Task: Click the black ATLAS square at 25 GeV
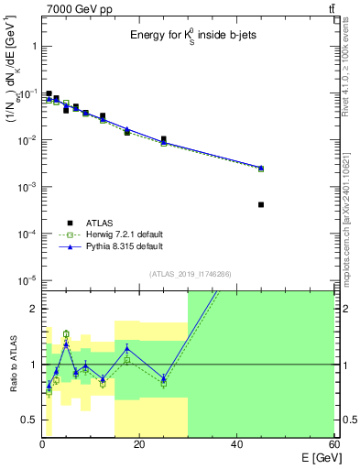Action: click(x=164, y=139)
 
